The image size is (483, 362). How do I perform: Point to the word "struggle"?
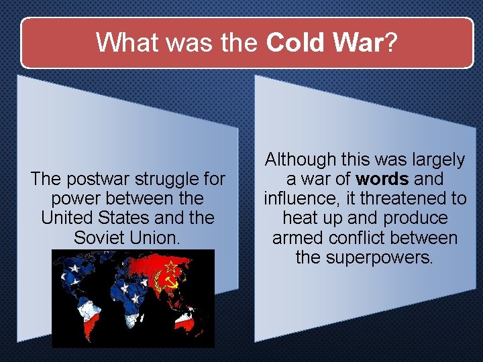coord(163,179)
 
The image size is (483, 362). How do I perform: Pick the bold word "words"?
coord(382,179)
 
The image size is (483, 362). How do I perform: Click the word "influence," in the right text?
coord(301,198)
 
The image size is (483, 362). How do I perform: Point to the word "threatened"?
coord(401,198)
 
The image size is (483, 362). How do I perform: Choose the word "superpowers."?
coord(384,257)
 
